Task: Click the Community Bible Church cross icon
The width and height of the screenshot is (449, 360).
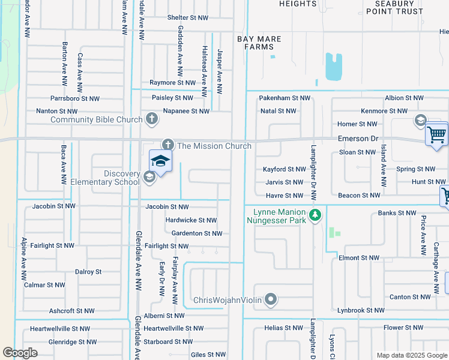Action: pyautogui.click(x=152, y=119)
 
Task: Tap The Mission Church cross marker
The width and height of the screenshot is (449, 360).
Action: pyautogui.click(x=167, y=145)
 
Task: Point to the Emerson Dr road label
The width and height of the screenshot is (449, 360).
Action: pyautogui.click(x=358, y=139)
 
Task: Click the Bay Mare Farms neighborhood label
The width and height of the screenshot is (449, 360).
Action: pyautogui.click(x=259, y=43)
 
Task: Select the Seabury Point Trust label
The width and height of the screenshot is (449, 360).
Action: pyautogui.click(x=394, y=7)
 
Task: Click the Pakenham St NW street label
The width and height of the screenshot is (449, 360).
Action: pyautogui.click(x=285, y=98)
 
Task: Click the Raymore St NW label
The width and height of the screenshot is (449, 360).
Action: pyautogui.click(x=172, y=83)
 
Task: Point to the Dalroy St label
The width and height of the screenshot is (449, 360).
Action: pyautogui.click(x=88, y=272)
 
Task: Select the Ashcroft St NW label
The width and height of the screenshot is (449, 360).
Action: pyautogui.click(x=71, y=311)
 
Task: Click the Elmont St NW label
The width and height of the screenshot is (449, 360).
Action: pyautogui.click(x=359, y=258)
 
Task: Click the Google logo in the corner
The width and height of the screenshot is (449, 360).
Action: pyautogui.click(x=20, y=353)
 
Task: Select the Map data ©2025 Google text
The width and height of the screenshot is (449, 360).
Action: pyautogui.click(x=411, y=355)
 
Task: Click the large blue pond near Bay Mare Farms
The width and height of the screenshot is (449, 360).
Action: pyautogui.click(x=333, y=67)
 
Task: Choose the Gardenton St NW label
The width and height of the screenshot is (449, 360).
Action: pyautogui.click(x=197, y=233)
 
